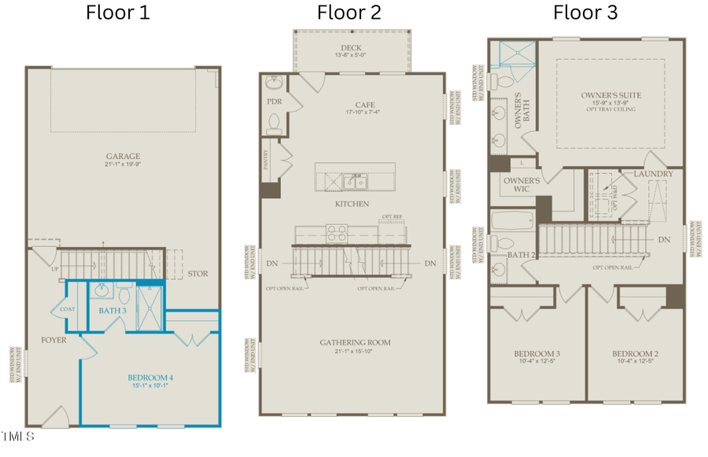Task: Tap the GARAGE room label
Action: tap(123, 157)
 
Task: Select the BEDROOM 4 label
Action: tap(150, 378)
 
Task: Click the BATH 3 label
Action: tap(113, 311)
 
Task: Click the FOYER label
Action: tap(53, 341)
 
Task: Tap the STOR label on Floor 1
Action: tap(197, 275)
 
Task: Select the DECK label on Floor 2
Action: tap(351, 48)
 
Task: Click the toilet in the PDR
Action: tap(275, 122)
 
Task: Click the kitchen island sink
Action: tap(354, 182)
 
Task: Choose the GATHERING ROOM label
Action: tap(355, 343)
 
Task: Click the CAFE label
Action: tap(364, 105)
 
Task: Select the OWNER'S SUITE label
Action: tap(610, 95)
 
